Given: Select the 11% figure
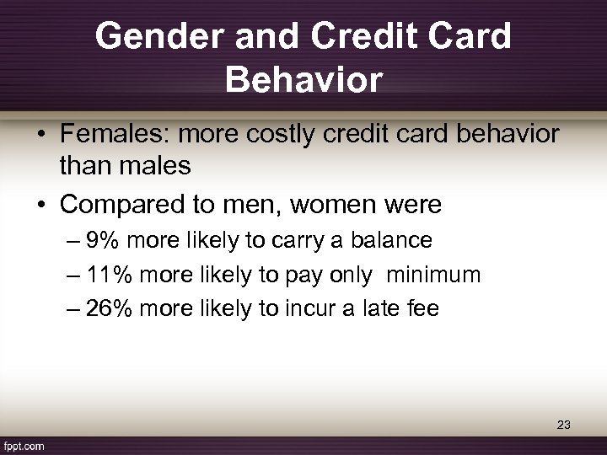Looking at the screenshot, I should click(x=110, y=275).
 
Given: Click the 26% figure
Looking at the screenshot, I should click(x=110, y=308).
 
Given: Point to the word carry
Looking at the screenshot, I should click(x=294, y=241).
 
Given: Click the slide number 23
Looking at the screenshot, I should click(x=563, y=425).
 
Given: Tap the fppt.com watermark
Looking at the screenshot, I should click(x=24, y=445).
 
